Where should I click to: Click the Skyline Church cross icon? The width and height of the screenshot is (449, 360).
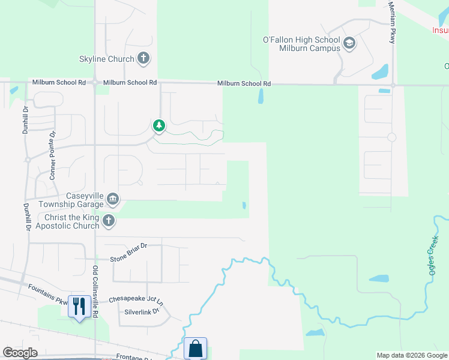coord(143,59)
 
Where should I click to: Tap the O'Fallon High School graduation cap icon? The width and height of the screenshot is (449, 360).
coord(349,43)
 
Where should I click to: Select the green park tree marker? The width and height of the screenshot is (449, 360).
coord(158,125)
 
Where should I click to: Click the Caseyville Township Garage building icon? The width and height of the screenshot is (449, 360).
coord(112,199)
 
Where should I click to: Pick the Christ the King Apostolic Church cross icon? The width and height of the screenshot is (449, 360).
coord(108,221)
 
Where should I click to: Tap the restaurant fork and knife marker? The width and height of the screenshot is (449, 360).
coord(79,306)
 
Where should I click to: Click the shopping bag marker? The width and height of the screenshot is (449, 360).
coord(195,348)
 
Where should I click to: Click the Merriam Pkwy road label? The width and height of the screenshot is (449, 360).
coord(391,22)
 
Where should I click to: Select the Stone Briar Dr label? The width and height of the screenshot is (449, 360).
coord(128,259)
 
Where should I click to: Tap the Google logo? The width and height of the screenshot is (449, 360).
coord(20,353)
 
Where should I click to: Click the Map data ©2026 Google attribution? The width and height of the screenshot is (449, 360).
coord(412,355)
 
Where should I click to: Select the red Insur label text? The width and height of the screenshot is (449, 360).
coord(440,29)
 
